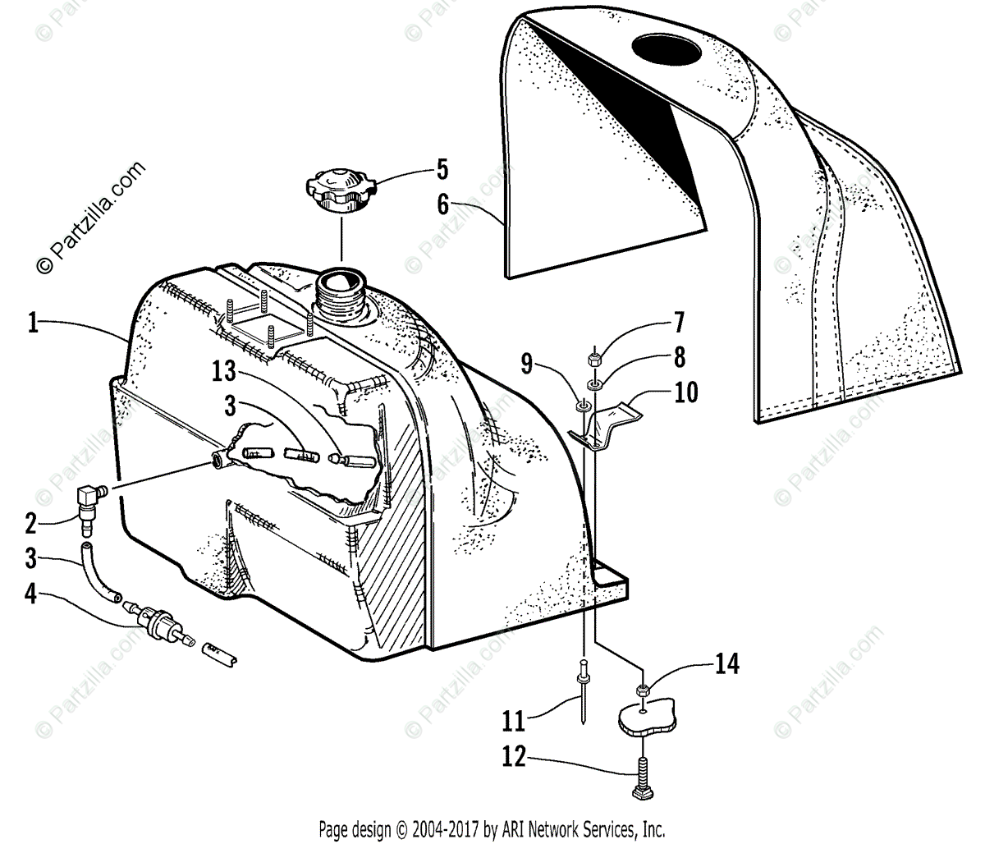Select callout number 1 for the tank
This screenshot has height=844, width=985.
[33, 323]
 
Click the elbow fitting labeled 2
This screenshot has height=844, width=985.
[86, 502]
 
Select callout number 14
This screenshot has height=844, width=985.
[726, 663]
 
